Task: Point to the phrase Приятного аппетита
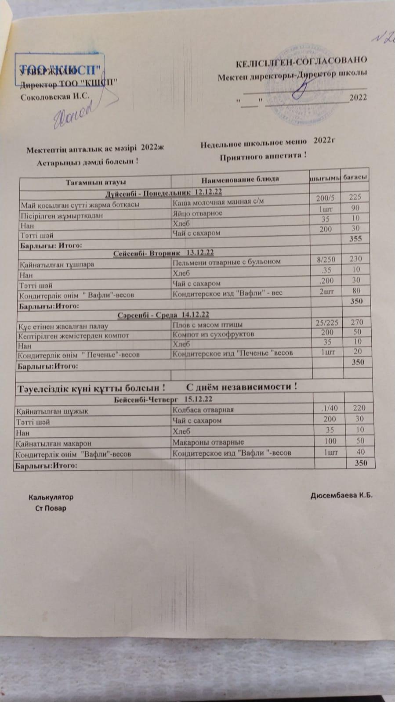263,156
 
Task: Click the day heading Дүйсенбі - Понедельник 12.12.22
163,192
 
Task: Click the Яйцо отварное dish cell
198,213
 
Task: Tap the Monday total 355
355,239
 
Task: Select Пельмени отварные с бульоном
226,262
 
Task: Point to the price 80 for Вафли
356,290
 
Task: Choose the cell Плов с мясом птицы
207,325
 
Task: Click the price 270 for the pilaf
357,322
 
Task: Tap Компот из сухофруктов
214,335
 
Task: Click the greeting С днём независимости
242,387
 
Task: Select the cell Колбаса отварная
203,410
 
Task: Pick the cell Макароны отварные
208,442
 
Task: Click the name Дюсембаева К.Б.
341,496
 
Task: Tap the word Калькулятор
51,497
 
